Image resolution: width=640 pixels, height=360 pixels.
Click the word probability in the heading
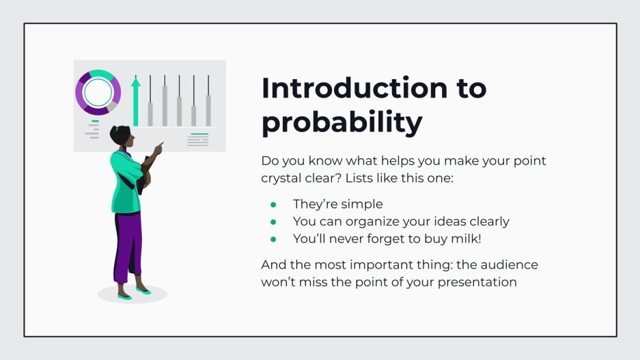(x=342, y=124)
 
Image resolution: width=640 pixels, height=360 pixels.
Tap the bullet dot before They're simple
(x=273, y=204)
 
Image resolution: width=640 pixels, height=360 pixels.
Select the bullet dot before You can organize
(x=273, y=222)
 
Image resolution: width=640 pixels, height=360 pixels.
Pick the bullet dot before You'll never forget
(x=273, y=239)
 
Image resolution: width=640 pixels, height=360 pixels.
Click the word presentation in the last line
(x=477, y=281)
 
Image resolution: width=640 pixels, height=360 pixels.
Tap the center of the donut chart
(x=98, y=92)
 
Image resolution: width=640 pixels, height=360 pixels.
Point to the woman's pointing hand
(x=159, y=147)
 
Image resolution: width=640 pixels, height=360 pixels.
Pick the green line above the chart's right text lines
(x=198, y=134)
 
